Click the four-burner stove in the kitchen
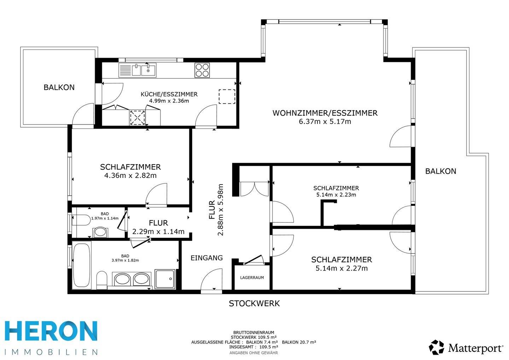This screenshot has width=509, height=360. pyautogui.click(x=202, y=70)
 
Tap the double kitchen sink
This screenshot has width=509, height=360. pyautogui.click(x=144, y=70)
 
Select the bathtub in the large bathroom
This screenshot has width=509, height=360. pyautogui.click(x=82, y=265)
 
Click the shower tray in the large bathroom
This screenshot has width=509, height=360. pyautogui.click(x=165, y=279)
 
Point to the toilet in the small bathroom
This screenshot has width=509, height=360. pyautogui.click(x=81, y=220)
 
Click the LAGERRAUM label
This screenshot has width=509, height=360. pyautogui.click(x=252, y=278)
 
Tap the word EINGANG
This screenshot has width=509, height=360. pyautogui.click(x=206, y=258)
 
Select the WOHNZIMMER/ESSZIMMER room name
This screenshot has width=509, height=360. pyautogui.click(x=325, y=113)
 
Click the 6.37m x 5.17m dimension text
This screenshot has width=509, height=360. pyautogui.click(x=325, y=122)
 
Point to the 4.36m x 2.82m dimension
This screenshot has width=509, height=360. pyautogui.click(x=130, y=175)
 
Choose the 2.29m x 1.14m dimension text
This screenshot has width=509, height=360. pyautogui.click(x=158, y=232)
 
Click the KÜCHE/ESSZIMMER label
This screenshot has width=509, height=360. pyautogui.click(x=169, y=94)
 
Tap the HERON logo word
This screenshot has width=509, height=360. pyautogui.click(x=51, y=331)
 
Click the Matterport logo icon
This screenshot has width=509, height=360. pyautogui.click(x=436, y=347)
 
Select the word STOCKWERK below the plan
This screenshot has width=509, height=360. pyautogui.click(x=254, y=304)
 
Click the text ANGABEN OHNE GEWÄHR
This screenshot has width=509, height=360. pyautogui.click(x=253, y=353)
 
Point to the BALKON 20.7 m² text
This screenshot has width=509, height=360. pyautogui.click(x=299, y=342)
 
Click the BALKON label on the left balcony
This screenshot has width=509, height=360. pyautogui.click(x=59, y=87)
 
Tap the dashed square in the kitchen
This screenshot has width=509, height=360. pyautogui.click(x=227, y=97)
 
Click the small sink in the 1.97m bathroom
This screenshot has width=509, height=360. pyautogui.click(x=100, y=232)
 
